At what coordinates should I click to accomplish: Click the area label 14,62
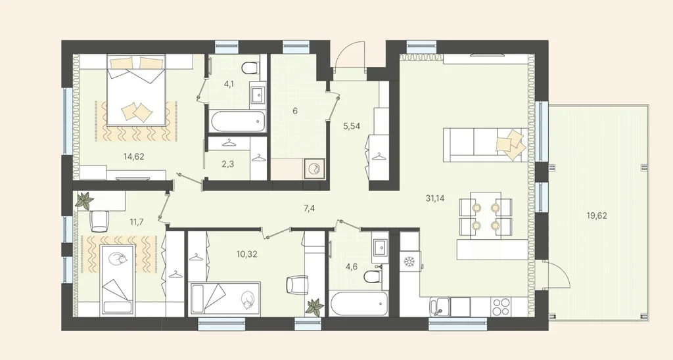134,156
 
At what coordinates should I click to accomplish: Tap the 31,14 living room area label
435,198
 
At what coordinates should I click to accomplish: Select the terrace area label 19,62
597,216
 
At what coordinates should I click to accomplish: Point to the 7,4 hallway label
309,209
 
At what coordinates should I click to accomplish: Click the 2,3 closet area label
228,164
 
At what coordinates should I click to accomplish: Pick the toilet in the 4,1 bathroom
250,68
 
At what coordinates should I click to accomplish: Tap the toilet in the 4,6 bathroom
372,277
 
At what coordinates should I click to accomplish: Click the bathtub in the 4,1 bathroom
238,121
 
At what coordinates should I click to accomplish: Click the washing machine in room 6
314,169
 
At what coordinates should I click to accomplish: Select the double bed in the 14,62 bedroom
136,90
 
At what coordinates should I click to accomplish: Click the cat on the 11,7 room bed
117,258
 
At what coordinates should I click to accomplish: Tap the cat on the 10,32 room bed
248,300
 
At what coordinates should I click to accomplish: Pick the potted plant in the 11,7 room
85,200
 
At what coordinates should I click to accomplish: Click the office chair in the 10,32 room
298,285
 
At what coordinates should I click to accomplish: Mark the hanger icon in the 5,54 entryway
379,156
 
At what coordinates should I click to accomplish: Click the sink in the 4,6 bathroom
381,248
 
